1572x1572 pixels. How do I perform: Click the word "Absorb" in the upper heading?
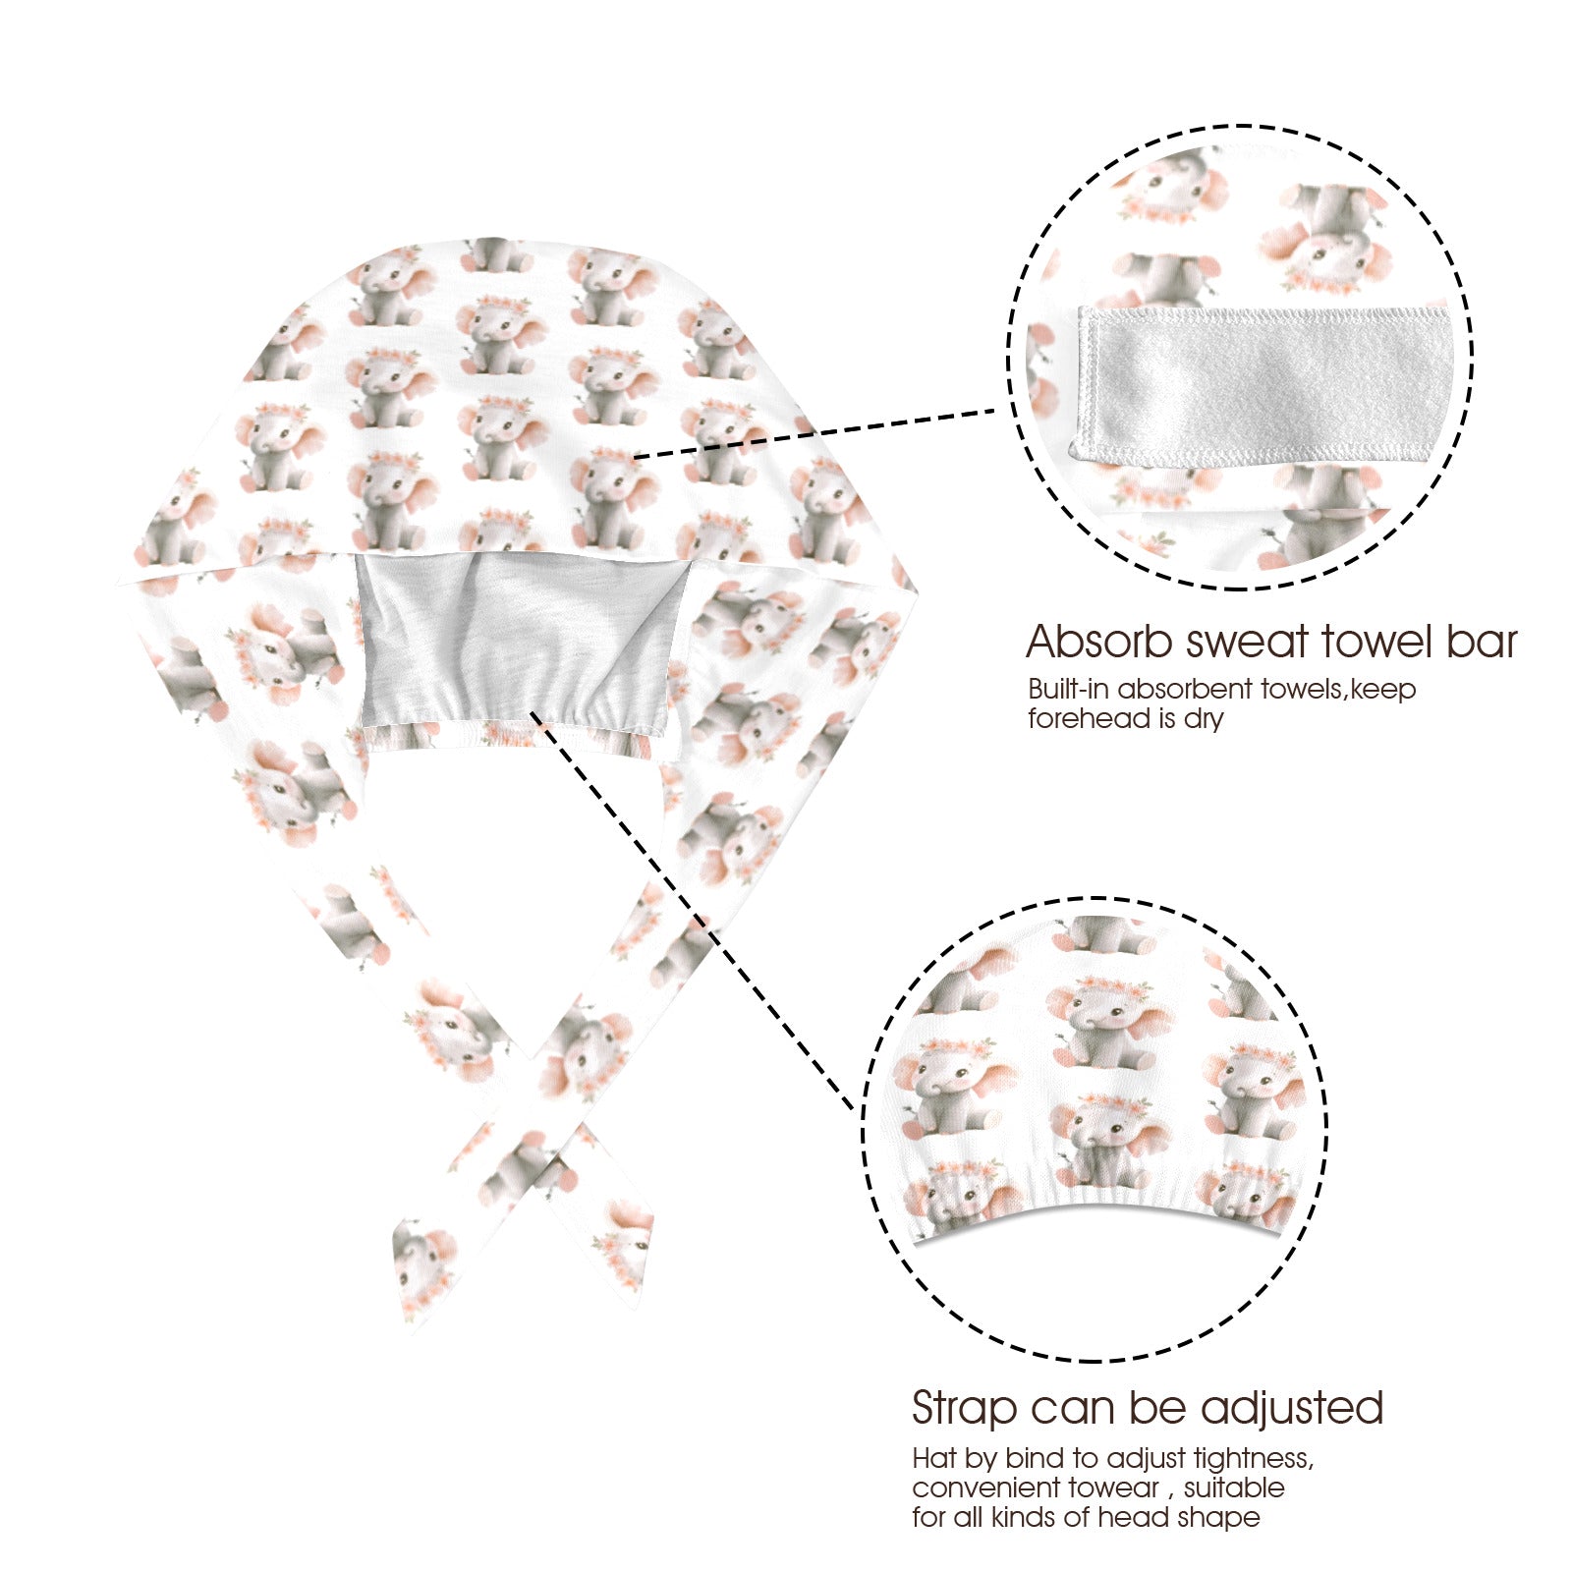point(1099,642)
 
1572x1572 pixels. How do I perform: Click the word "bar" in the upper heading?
point(1479,642)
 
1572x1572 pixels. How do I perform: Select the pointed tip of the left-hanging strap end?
point(403,1331)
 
